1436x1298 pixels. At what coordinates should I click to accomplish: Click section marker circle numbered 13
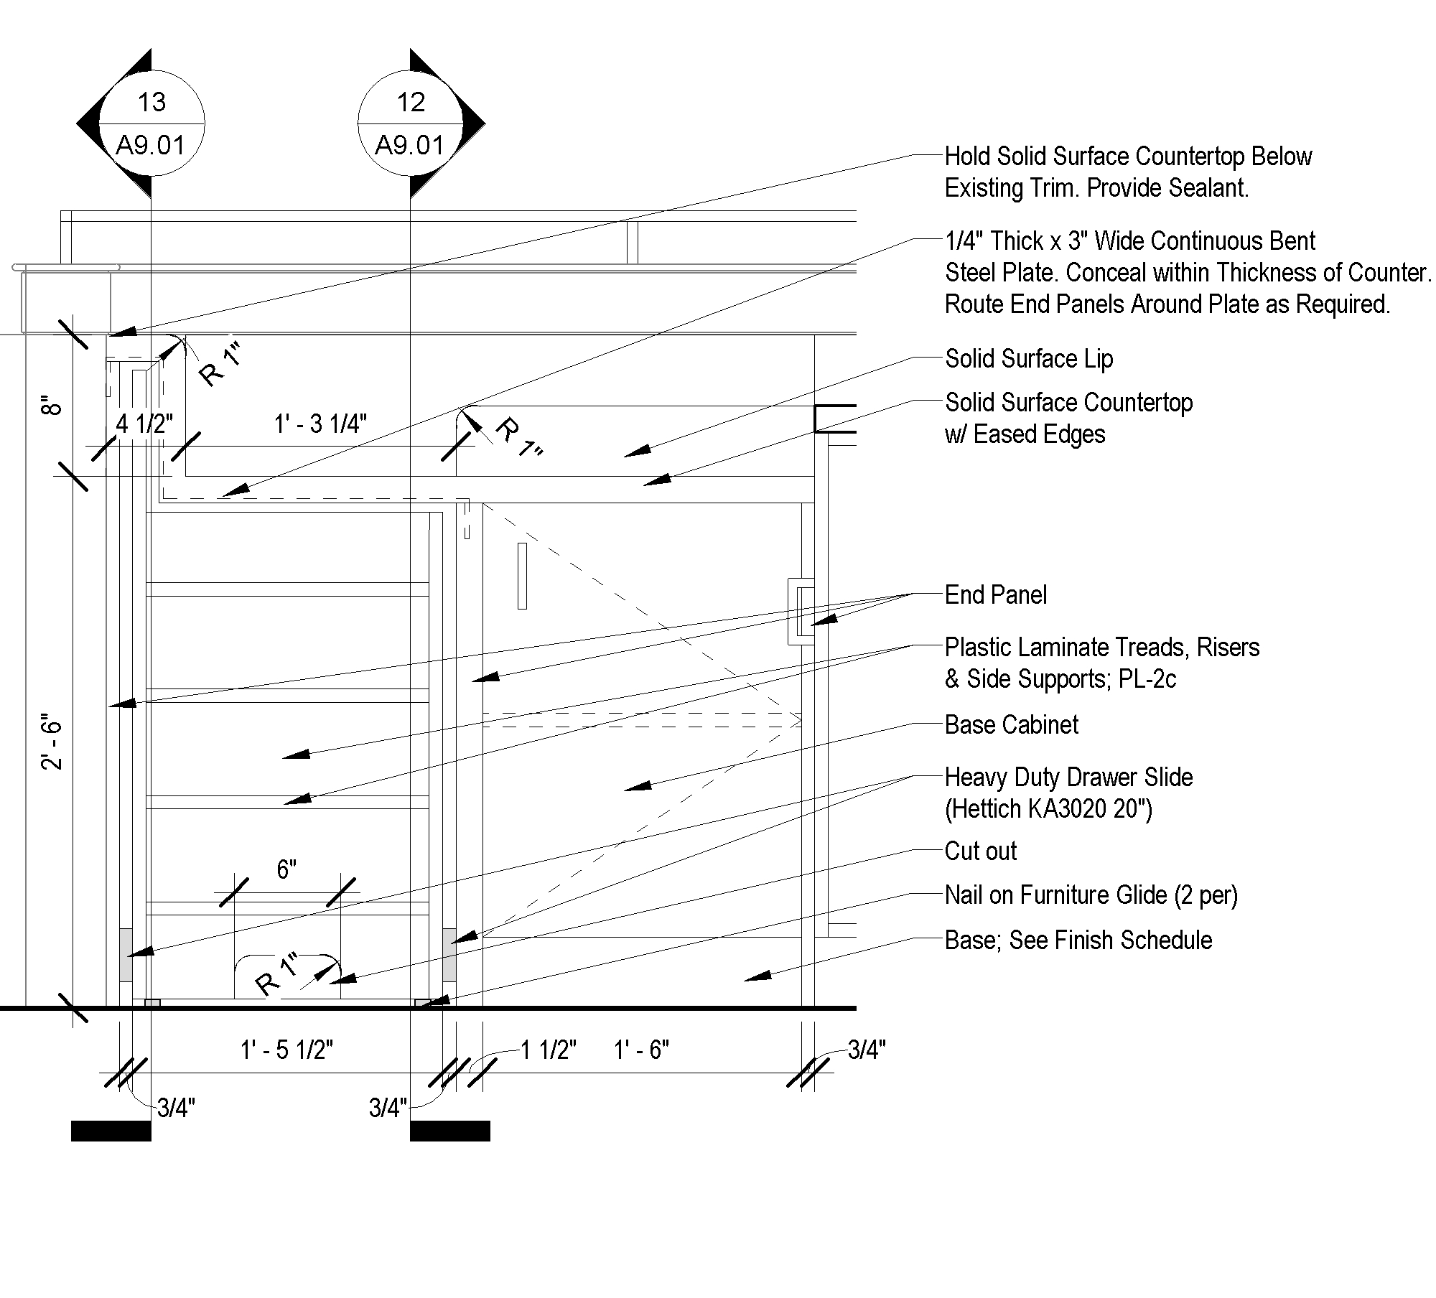click(151, 123)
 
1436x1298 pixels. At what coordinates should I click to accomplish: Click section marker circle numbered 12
click(411, 123)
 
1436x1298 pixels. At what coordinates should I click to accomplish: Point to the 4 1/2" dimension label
click(144, 424)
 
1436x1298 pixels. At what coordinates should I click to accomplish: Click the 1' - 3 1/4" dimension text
click(320, 424)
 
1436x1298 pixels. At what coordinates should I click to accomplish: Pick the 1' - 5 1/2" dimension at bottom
click(286, 1050)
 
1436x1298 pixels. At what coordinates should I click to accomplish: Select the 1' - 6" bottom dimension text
click(641, 1050)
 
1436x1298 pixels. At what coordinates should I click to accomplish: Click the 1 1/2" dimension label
click(549, 1050)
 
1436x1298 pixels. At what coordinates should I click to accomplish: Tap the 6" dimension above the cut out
click(286, 869)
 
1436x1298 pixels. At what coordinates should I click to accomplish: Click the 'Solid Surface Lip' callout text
click(1028, 358)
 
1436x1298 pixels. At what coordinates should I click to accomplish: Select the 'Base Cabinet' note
click(1011, 724)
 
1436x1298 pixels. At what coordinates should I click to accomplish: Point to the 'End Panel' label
click(995, 594)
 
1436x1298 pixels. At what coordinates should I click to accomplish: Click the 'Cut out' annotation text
click(980, 851)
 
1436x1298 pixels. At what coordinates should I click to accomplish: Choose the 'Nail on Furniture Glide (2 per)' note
click(1091, 895)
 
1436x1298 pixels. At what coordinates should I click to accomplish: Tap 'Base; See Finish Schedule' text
click(1078, 940)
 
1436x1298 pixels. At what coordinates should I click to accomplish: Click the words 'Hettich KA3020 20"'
click(1048, 809)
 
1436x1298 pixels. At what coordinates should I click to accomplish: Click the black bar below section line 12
click(450, 1131)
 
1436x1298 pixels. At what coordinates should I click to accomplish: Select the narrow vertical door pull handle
click(522, 576)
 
